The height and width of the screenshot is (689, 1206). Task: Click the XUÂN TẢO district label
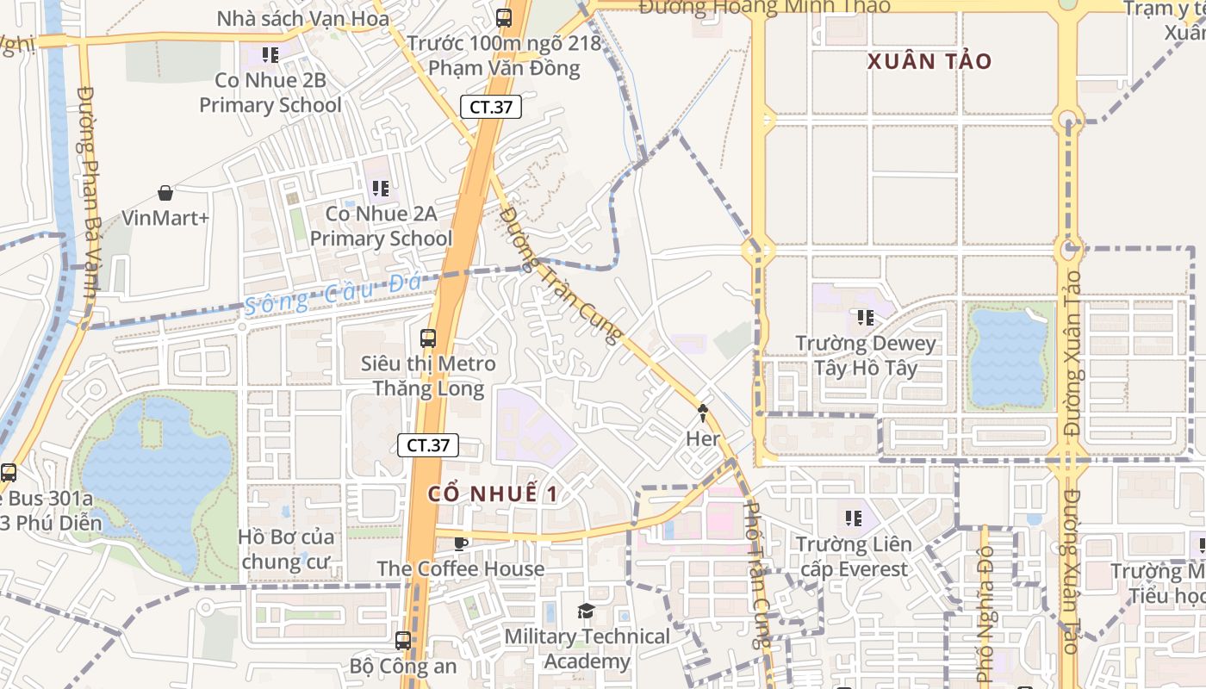[x=929, y=61]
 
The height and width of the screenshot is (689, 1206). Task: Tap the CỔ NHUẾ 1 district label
[x=493, y=494]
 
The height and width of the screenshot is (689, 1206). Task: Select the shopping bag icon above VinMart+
[x=165, y=194]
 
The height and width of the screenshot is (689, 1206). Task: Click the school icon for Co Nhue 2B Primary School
[x=270, y=55]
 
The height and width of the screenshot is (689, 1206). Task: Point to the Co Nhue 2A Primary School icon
[x=380, y=188]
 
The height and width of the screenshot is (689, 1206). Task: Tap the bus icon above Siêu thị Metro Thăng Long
[x=428, y=338]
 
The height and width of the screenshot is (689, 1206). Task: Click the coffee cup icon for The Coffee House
[x=461, y=543]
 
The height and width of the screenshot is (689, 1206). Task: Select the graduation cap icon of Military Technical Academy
[x=586, y=611]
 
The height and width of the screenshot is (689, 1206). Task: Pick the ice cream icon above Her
[x=703, y=413]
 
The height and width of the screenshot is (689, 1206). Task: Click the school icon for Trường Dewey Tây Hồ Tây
[x=865, y=318]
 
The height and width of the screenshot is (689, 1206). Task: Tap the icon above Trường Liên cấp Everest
[x=854, y=518]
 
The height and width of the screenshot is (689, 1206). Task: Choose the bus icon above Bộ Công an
[x=403, y=640]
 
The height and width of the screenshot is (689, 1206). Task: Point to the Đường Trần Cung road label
[x=561, y=276]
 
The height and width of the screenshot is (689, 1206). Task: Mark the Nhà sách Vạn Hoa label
[x=302, y=18]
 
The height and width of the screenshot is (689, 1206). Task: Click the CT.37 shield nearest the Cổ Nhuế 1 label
[x=428, y=445]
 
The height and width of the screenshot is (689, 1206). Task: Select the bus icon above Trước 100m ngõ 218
[x=504, y=17]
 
